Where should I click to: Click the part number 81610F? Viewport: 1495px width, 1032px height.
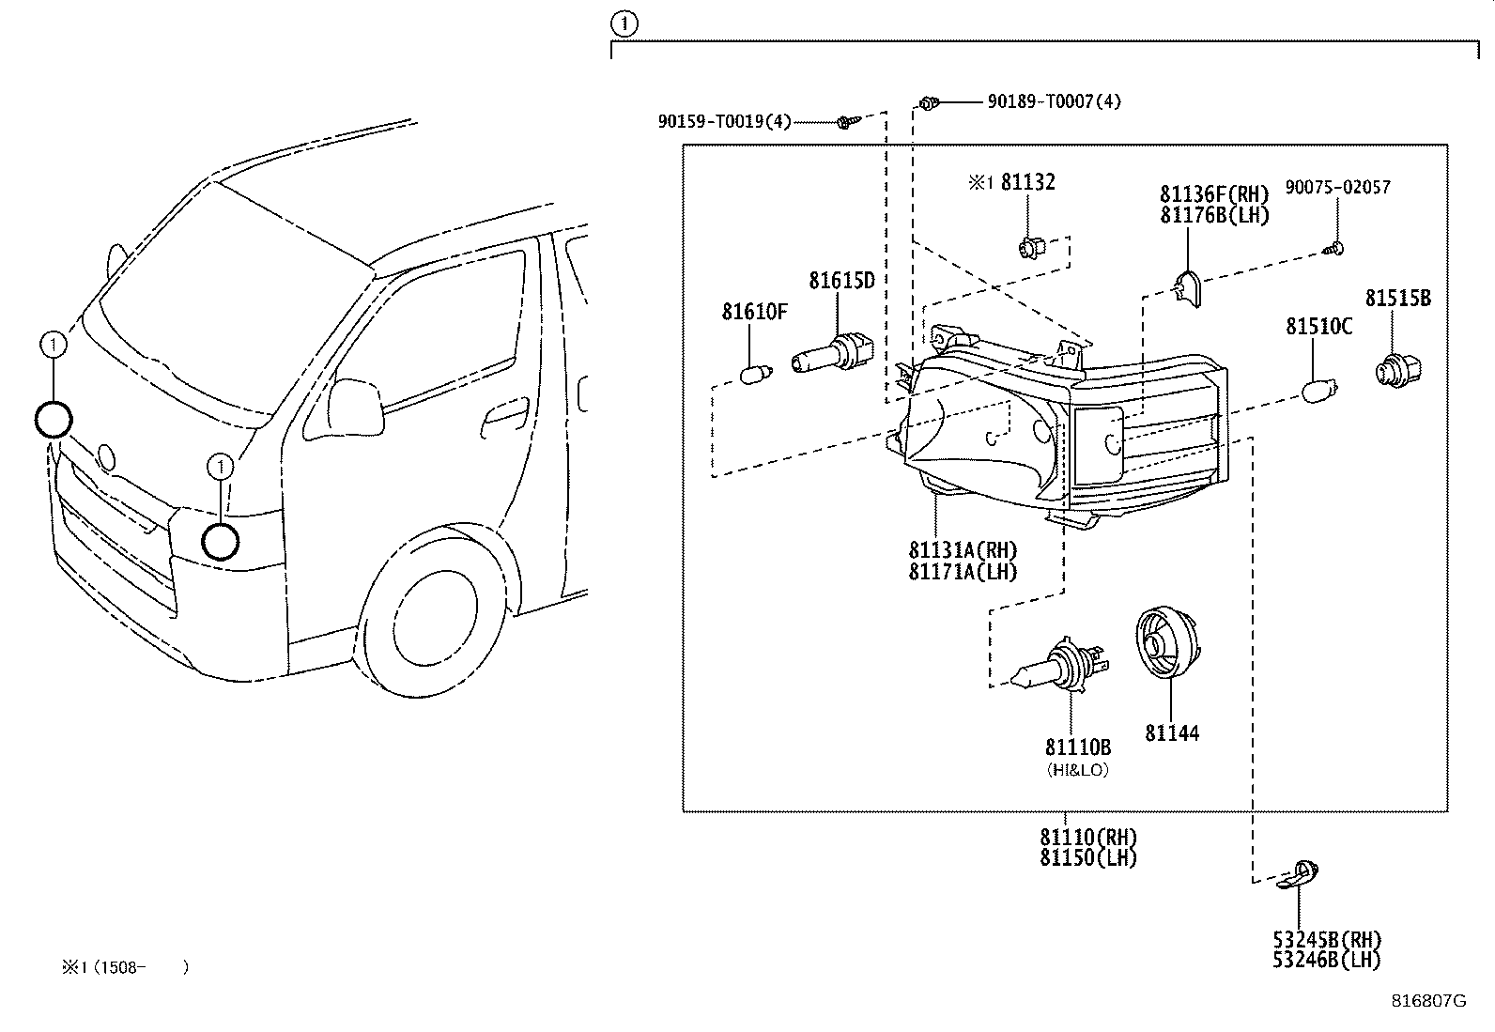[754, 311]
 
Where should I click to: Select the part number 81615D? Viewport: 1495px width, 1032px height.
[841, 280]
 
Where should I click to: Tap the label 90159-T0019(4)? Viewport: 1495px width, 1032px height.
[724, 121]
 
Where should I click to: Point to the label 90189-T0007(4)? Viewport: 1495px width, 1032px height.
[1054, 101]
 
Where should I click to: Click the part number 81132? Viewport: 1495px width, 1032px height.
[1027, 182]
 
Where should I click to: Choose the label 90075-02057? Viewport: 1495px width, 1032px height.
[1337, 188]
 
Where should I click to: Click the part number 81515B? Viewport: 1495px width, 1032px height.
[1397, 299]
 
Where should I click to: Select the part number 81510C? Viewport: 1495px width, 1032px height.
[1318, 327]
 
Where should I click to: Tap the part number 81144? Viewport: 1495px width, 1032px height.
[1171, 733]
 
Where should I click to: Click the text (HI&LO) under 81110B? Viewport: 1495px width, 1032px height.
[1077, 769]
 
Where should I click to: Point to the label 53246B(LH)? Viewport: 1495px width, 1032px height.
[1327, 960]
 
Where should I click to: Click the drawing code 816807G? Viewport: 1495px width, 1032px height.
[1427, 1001]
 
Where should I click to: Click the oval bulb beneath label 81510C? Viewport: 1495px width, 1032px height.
[1319, 389]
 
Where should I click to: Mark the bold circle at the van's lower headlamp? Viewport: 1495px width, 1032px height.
[221, 542]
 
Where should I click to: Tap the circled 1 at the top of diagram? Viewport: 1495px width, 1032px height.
[624, 23]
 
